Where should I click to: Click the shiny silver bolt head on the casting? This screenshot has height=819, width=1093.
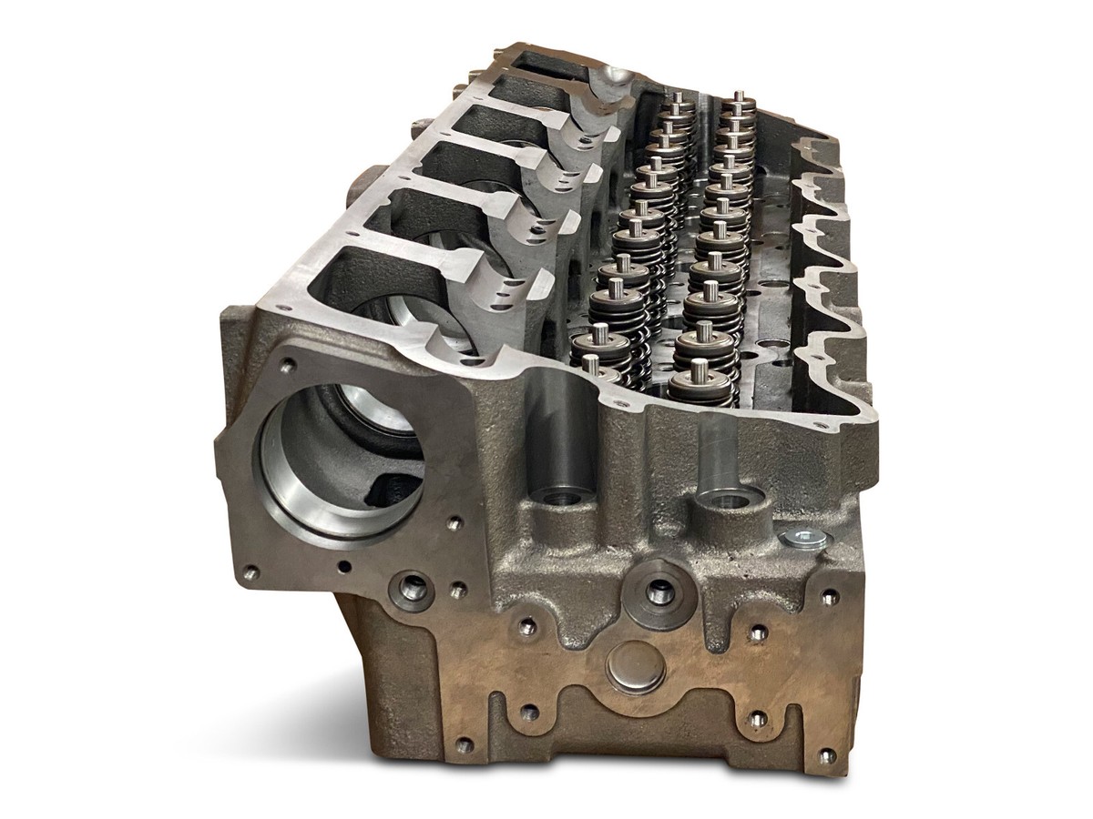pyautogui.click(x=804, y=538)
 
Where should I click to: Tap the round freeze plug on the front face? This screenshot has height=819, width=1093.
pyautogui.click(x=634, y=669)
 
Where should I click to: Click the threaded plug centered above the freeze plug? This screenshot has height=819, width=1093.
pyautogui.click(x=657, y=592)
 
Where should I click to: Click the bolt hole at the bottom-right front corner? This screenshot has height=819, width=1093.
pyautogui.click(x=826, y=755)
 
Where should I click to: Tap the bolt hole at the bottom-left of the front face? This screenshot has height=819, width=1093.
pyautogui.click(x=466, y=744)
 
